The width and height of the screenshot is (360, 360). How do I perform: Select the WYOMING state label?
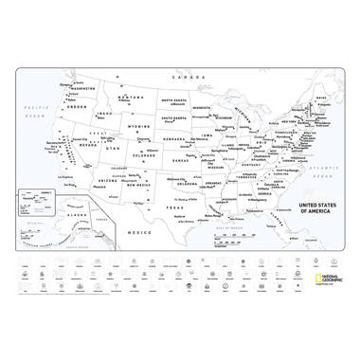pos(139,126)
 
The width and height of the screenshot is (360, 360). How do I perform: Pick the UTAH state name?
pos(113,150)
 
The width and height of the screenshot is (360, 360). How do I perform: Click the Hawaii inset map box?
pos(35,202)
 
